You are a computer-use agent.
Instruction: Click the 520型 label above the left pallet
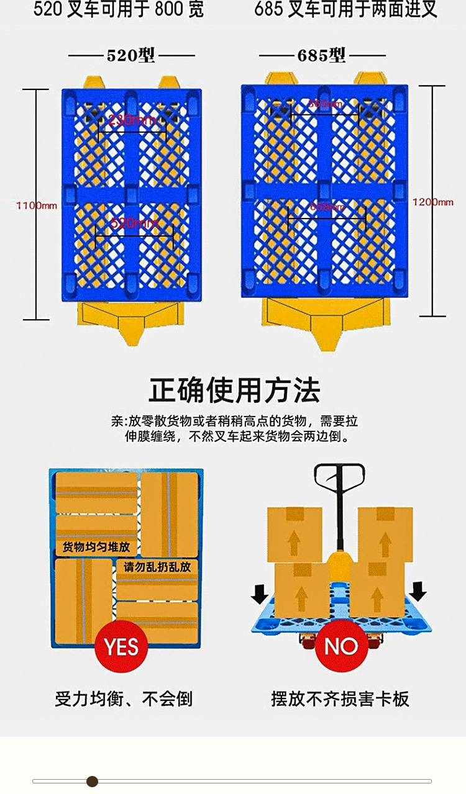click(130, 55)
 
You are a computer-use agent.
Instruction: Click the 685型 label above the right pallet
click(321, 55)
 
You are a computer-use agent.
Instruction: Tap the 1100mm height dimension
click(37, 205)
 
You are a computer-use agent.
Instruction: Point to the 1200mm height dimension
click(433, 202)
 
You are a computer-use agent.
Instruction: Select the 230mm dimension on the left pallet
click(132, 120)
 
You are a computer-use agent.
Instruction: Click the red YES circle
click(121, 646)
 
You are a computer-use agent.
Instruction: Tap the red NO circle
click(340, 646)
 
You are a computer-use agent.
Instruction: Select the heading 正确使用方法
click(234, 390)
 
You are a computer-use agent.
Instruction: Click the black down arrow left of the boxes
click(260, 593)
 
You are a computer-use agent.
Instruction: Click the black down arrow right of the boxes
click(418, 590)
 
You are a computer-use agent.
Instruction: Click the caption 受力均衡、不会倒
click(124, 699)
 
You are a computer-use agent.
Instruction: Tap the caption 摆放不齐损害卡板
click(340, 699)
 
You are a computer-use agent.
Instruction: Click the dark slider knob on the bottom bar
click(92, 781)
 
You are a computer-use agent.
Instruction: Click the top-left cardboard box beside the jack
click(295, 534)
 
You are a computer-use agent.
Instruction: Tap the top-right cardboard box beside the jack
click(385, 534)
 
